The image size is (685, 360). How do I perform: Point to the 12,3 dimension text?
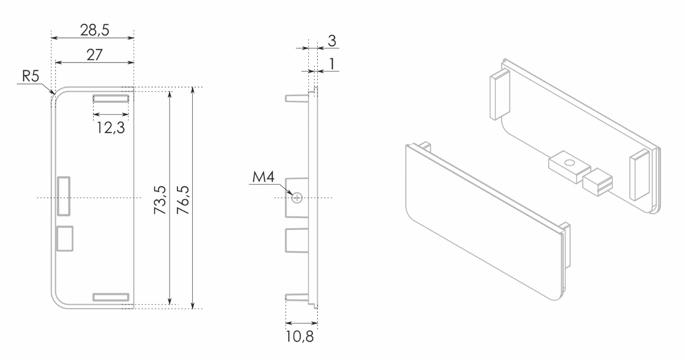tap(110, 127)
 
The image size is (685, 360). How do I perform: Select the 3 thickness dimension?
tap(331, 41)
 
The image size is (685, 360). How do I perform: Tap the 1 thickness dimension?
tap(332, 64)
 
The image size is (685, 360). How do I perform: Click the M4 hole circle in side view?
tap(297, 197)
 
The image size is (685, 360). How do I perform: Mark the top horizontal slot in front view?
tap(110, 98)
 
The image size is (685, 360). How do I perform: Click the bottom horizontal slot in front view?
tap(110, 296)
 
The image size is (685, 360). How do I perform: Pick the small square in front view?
tap(65, 238)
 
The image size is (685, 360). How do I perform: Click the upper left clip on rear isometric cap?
tap(499, 94)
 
